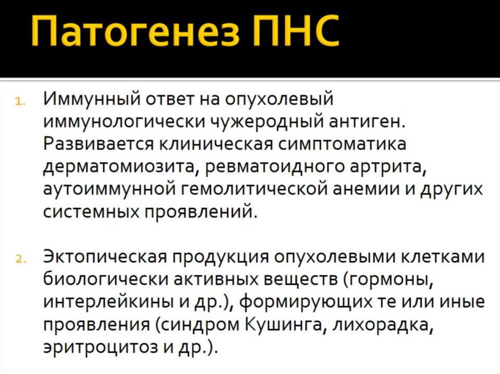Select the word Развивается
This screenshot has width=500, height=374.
(x=95, y=145)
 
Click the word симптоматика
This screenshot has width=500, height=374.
(x=342, y=145)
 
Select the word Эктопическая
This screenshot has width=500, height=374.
(x=104, y=257)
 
